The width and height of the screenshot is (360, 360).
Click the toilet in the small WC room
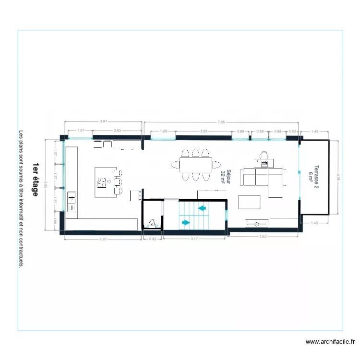point(152,222)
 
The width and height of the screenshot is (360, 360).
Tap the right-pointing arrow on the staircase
point(185,222)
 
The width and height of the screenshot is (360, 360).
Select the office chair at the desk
point(263,155)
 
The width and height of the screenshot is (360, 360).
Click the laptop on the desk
point(264,164)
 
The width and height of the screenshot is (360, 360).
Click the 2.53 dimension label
point(117,131)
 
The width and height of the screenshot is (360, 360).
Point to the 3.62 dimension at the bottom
point(264,237)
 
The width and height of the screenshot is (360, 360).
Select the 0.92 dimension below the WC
point(153,238)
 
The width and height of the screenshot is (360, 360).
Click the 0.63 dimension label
point(292,131)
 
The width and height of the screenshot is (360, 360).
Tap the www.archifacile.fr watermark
point(330,342)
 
